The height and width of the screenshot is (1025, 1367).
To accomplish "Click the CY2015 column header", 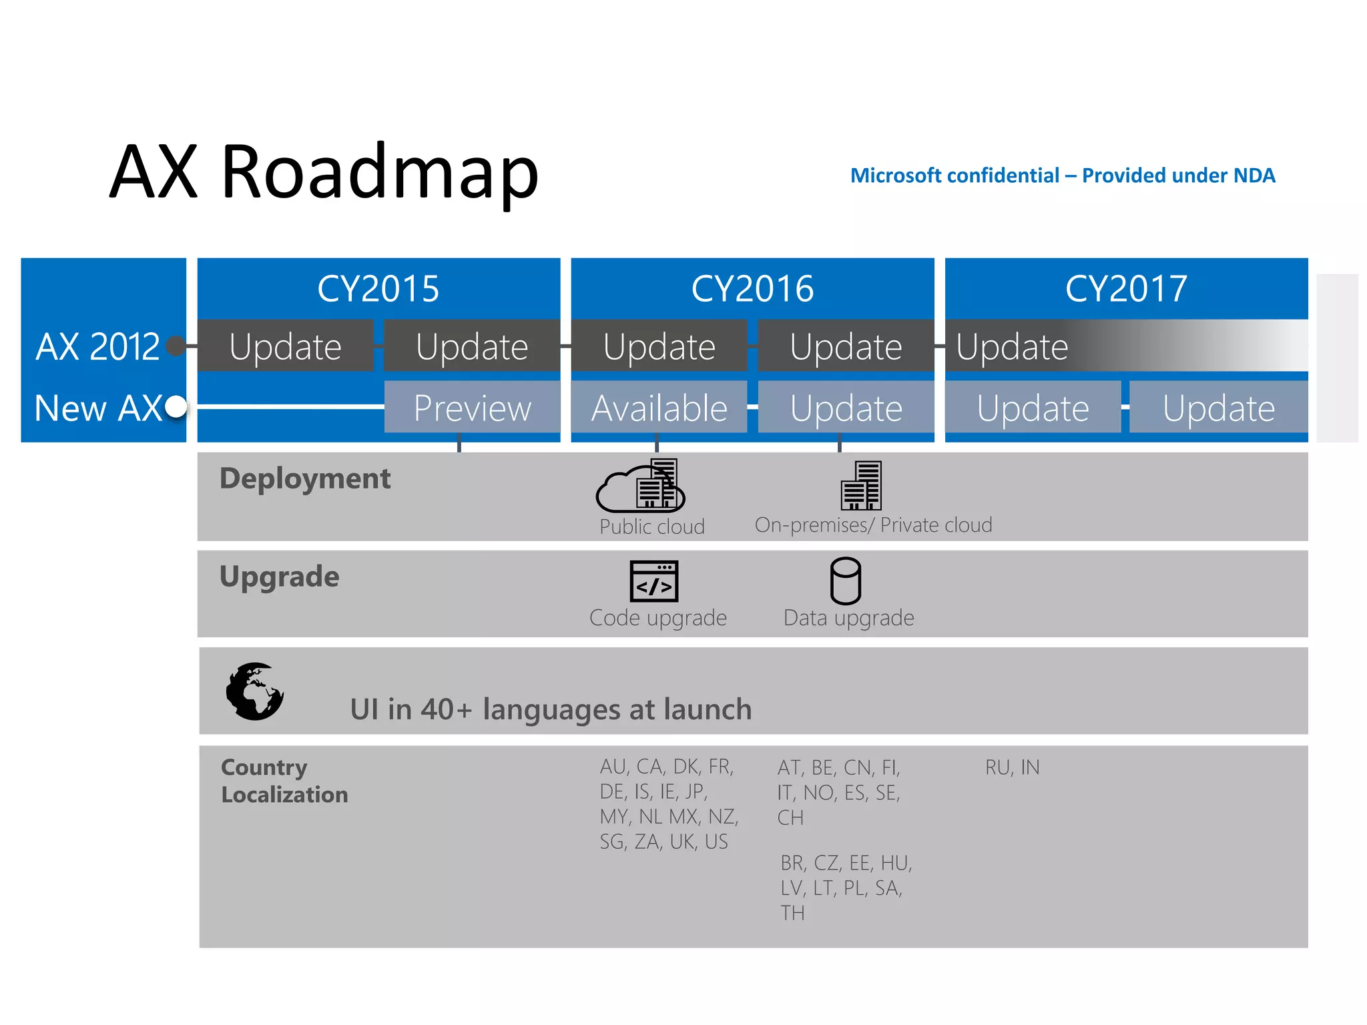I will click(x=378, y=288).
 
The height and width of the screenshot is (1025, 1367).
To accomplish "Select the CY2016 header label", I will click(x=752, y=288).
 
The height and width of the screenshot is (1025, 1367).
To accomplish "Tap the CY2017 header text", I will click(x=1126, y=288).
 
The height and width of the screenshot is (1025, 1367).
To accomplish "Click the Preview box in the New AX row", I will click(x=472, y=408).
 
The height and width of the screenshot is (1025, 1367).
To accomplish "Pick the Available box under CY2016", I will click(x=659, y=408).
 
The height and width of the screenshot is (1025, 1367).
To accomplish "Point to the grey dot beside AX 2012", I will click(x=176, y=346).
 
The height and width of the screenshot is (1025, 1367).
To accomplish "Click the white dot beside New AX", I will click(x=176, y=406).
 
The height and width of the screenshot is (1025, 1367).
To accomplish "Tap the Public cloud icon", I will click(x=641, y=486).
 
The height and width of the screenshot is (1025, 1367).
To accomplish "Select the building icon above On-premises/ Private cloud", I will click(x=861, y=486).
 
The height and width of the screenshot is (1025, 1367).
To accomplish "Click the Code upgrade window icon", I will click(x=654, y=581).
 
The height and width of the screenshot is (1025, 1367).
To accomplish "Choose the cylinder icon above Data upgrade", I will click(x=845, y=581).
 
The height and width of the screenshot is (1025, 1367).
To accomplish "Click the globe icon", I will click(x=254, y=691).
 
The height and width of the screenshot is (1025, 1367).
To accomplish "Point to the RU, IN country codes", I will click(x=1012, y=767).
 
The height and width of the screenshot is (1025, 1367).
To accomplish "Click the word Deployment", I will click(x=305, y=478).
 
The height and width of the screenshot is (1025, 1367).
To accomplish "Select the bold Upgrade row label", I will click(x=279, y=577).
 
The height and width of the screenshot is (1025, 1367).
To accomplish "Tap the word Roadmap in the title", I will click(x=379, y=172).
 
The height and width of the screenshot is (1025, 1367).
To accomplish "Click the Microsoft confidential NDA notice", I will click(x=1063, y=176).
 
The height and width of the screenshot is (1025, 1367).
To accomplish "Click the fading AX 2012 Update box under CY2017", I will click(x=1126, y=346).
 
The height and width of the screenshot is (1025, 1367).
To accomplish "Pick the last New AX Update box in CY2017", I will click(x=1218, y=408).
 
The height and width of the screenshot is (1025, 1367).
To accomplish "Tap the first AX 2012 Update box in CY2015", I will click(x=285, y=346).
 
